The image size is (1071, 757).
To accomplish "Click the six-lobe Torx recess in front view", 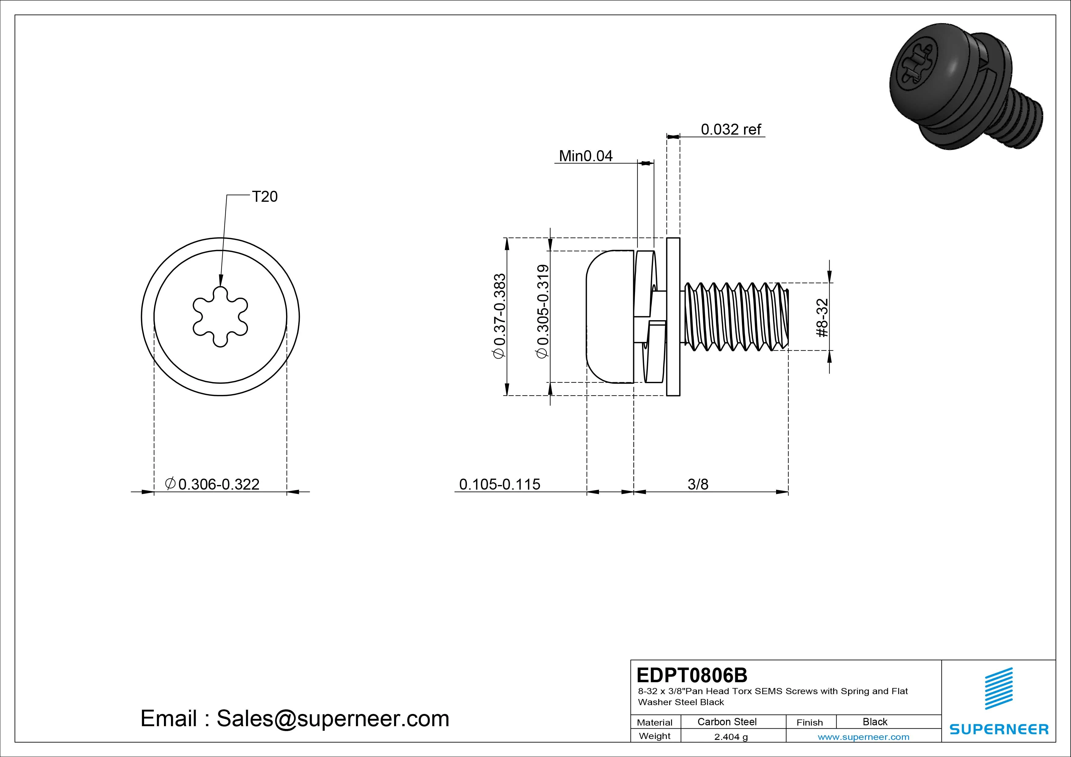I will (x=220, y=317).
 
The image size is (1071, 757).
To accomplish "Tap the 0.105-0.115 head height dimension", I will (x=499, y=484).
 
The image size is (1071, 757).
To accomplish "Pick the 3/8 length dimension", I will (x=698, y=484).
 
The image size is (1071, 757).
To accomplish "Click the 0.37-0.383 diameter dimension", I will (x=499, y=316).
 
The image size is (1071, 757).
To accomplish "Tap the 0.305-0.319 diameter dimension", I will (x=543, y=312).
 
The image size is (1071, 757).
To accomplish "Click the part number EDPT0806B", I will (x=692, y=675).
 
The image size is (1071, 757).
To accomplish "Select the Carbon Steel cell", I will (x=727, y=722).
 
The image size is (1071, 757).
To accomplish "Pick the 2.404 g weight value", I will (x=731, y=737).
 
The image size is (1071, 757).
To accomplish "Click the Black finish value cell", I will (x=875, y=722).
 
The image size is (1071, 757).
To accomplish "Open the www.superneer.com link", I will (x=863, y=737).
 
